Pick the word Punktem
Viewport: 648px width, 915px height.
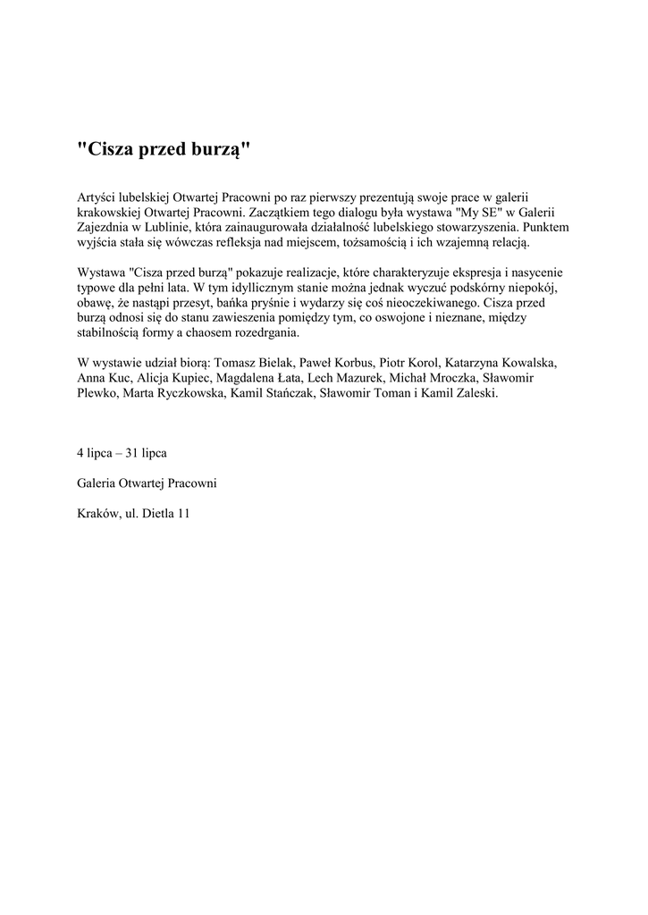(x=543, y=227)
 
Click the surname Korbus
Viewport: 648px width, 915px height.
(x=350, y=364)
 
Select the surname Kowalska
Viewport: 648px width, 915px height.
(x=526, y=364)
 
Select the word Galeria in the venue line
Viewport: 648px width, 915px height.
(x=98, y=483)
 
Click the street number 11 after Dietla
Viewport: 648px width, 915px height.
(x=184, y=514)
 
